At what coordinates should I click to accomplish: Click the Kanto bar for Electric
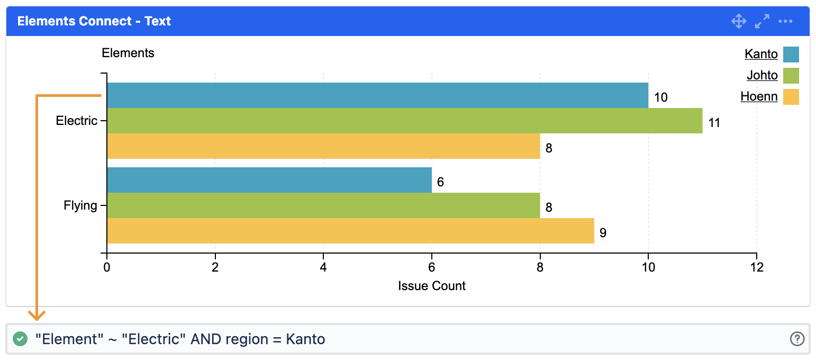coord(377,95)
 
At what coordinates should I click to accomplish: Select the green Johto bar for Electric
coord(404,121)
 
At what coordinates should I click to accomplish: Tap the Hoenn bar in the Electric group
coord(323,146)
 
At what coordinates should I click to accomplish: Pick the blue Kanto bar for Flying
coord(269,180)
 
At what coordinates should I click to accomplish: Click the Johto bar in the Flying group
coord(323,205)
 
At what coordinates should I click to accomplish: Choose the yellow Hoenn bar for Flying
coord(350,231)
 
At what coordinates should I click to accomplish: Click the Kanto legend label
coord(761,54)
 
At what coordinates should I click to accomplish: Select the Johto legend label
coord(762,75)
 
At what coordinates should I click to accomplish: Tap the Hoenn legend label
coord(759,96)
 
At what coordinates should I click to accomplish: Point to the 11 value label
coord(714,123)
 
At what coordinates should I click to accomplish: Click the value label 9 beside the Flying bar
coord(603,233)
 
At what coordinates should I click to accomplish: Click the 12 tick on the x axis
coord(757,267)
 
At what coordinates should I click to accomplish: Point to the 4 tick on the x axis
coord(323,267)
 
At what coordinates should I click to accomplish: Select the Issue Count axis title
coord(432,286)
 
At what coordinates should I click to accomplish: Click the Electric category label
coord(77,121)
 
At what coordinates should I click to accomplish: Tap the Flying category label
coord(80,205)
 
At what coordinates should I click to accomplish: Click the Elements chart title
coord(128,53)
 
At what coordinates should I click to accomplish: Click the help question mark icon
coord(797,339)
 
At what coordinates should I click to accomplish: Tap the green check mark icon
coord(20,339)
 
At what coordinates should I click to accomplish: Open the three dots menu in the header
coord(785,21)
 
